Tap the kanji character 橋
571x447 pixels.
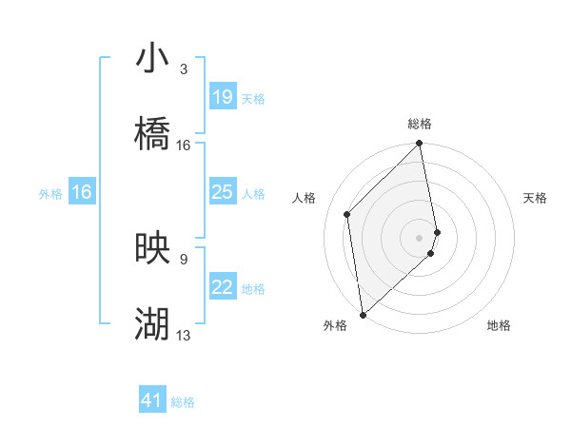click(x=152, y=134)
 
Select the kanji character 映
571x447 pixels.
click(x=152, y=248)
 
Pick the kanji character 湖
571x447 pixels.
click(x=152, y=324)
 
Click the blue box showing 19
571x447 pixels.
click(x=222, y=97)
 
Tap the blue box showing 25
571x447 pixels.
click(x=222, y=193)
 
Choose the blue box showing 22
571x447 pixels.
click(x=222, y=288)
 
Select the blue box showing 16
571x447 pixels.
click(x=82, y=193)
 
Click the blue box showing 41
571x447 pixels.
click(x=152, y=401)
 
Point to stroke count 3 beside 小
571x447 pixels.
click(x=183, y=69)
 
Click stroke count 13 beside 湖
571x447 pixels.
click(x=184, y=336)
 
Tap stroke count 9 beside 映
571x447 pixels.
click(x=183, y=259)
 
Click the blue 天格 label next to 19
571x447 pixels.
click(x=253, y=98)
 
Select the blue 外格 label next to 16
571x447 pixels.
click(x=50, y=194)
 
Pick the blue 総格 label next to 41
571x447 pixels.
click(x=183, y=402)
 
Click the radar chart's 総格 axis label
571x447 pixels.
click(x=420, y=124)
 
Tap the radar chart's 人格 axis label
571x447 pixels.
click(x=305, y=198)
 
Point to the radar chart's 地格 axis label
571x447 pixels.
click(x=499, y=326)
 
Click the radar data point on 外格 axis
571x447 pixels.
click(x=363, y=314)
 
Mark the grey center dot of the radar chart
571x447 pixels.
click(x=420, y=237)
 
